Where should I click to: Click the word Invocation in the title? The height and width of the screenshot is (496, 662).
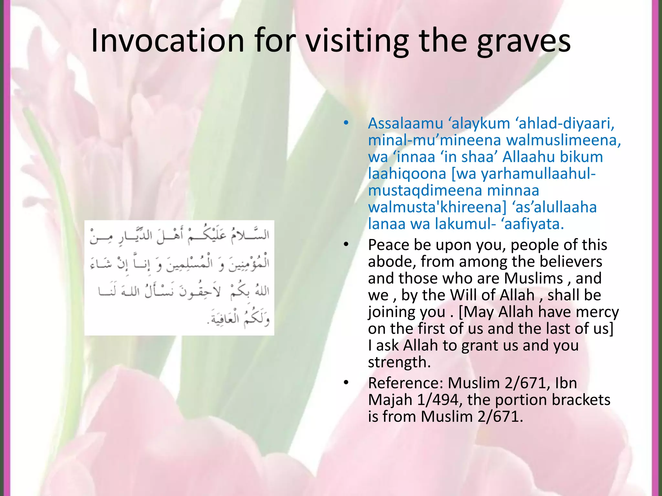click(x=167, y=41)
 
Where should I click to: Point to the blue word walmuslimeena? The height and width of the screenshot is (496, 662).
click(x=563, y=140)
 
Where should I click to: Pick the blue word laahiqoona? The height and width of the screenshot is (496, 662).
click(x=407, y=174)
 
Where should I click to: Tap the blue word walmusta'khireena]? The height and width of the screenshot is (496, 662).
click(x=437, y=207)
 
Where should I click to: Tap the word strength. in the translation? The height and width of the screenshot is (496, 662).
click(x=400, y=362)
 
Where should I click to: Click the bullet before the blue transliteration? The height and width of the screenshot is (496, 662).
click(x=346, y=123)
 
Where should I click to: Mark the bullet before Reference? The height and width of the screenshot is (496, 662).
click(x=346, y=383)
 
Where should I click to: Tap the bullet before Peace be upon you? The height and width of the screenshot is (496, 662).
click(x=346, y=245)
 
